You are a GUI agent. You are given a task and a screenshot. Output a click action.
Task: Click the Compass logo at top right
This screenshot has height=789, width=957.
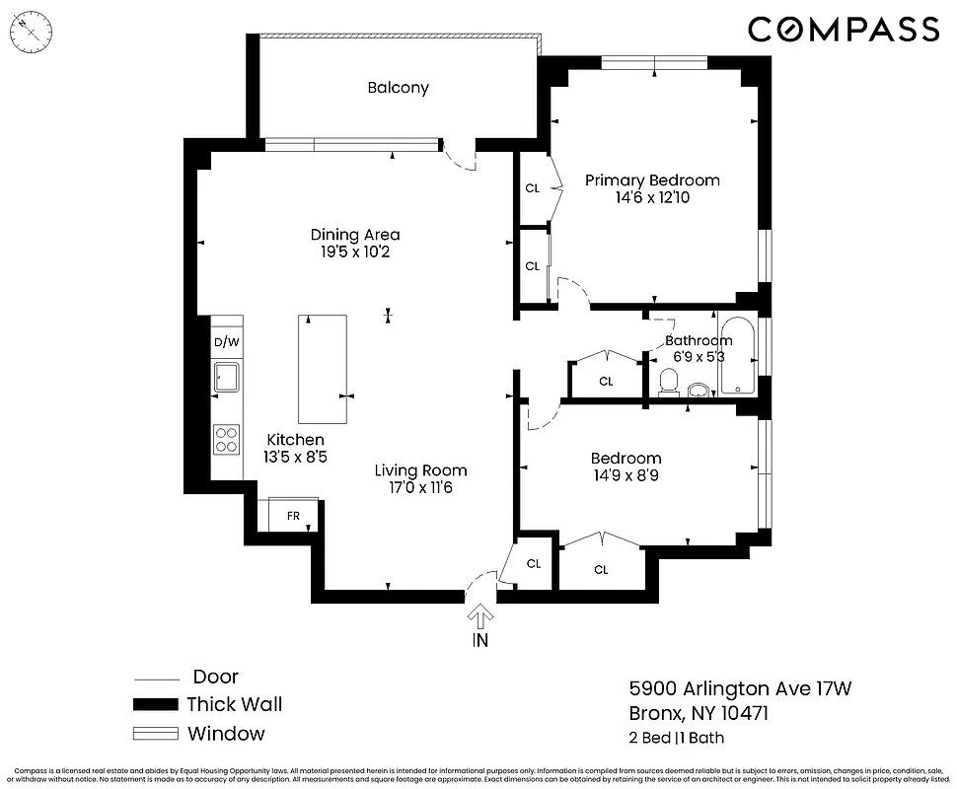(x=843, y=29)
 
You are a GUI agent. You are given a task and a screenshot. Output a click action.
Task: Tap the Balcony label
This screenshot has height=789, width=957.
(x=398, y=88)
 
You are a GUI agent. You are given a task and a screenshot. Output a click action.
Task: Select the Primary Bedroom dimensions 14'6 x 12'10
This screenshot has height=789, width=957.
(x=652, y=198)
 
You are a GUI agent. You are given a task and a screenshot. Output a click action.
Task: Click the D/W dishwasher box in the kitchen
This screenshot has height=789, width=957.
(x=227, y=342)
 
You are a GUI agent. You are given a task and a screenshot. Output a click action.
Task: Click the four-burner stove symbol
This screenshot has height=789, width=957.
(x=227, y=439)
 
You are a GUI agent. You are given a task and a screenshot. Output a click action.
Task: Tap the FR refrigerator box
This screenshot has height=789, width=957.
(x=293, y=515)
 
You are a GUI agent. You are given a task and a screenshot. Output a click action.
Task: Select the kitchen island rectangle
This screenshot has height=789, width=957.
(x=323, y=369)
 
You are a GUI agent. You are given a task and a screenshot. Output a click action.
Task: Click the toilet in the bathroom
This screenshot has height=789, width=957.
(x=669, y=381)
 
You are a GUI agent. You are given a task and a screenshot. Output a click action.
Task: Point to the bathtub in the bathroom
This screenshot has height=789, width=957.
(x=737, y=356)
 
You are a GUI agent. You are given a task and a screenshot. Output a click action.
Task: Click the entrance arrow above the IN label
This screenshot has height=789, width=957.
(x=480, y=616)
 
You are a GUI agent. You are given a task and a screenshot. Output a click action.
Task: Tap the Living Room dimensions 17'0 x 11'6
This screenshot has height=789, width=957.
(x=420, y=487)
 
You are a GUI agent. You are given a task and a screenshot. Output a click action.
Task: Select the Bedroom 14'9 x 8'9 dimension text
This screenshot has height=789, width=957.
(x=626, y=475)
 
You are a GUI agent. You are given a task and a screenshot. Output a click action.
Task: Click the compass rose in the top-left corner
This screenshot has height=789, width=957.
(x=32, y=32)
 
